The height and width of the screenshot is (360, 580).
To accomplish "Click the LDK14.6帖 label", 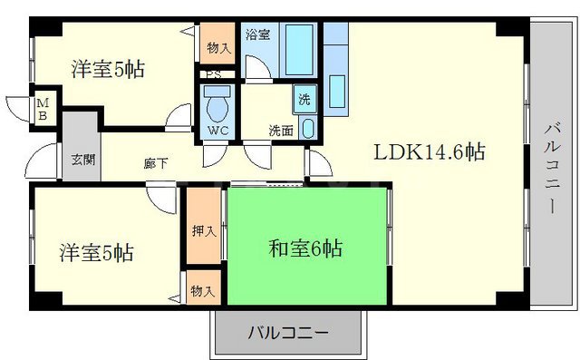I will [x=430, y=152].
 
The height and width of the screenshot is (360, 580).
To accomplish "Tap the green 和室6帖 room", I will [x=305, y=247].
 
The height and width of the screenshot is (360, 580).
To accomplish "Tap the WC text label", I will [x=217, y=131].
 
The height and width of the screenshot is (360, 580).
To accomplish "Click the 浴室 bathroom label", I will [x=257, y=35].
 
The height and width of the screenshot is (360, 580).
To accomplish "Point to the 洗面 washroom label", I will [x=280, y=130].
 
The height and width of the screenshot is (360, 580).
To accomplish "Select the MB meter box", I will [x=43, y=109].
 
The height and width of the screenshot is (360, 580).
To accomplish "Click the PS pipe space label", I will [x=214, y=75].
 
